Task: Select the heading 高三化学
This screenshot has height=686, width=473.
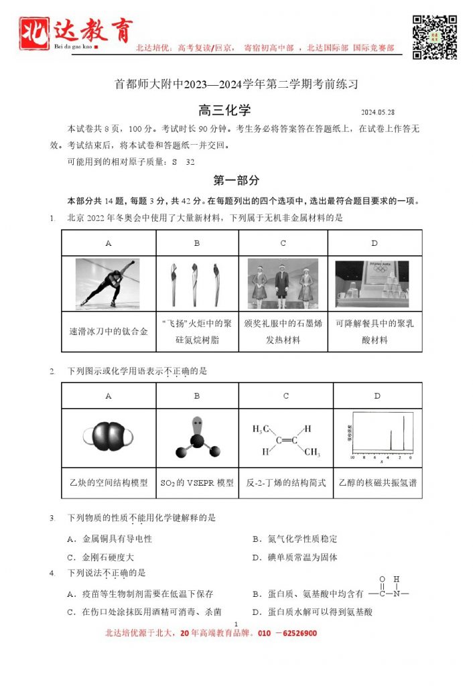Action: click(224, 111)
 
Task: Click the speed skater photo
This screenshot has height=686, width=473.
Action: click(108, 283)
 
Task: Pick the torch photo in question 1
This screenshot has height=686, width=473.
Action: click(197, 283)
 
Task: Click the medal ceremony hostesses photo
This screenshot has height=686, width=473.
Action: click(283, 283)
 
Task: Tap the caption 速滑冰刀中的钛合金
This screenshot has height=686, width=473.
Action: click(109, 331)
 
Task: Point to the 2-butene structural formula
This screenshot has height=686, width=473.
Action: click(285, 439)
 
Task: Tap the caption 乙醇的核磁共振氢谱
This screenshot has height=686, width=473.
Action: click(377, 482)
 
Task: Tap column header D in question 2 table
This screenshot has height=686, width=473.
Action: click(377, 396)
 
